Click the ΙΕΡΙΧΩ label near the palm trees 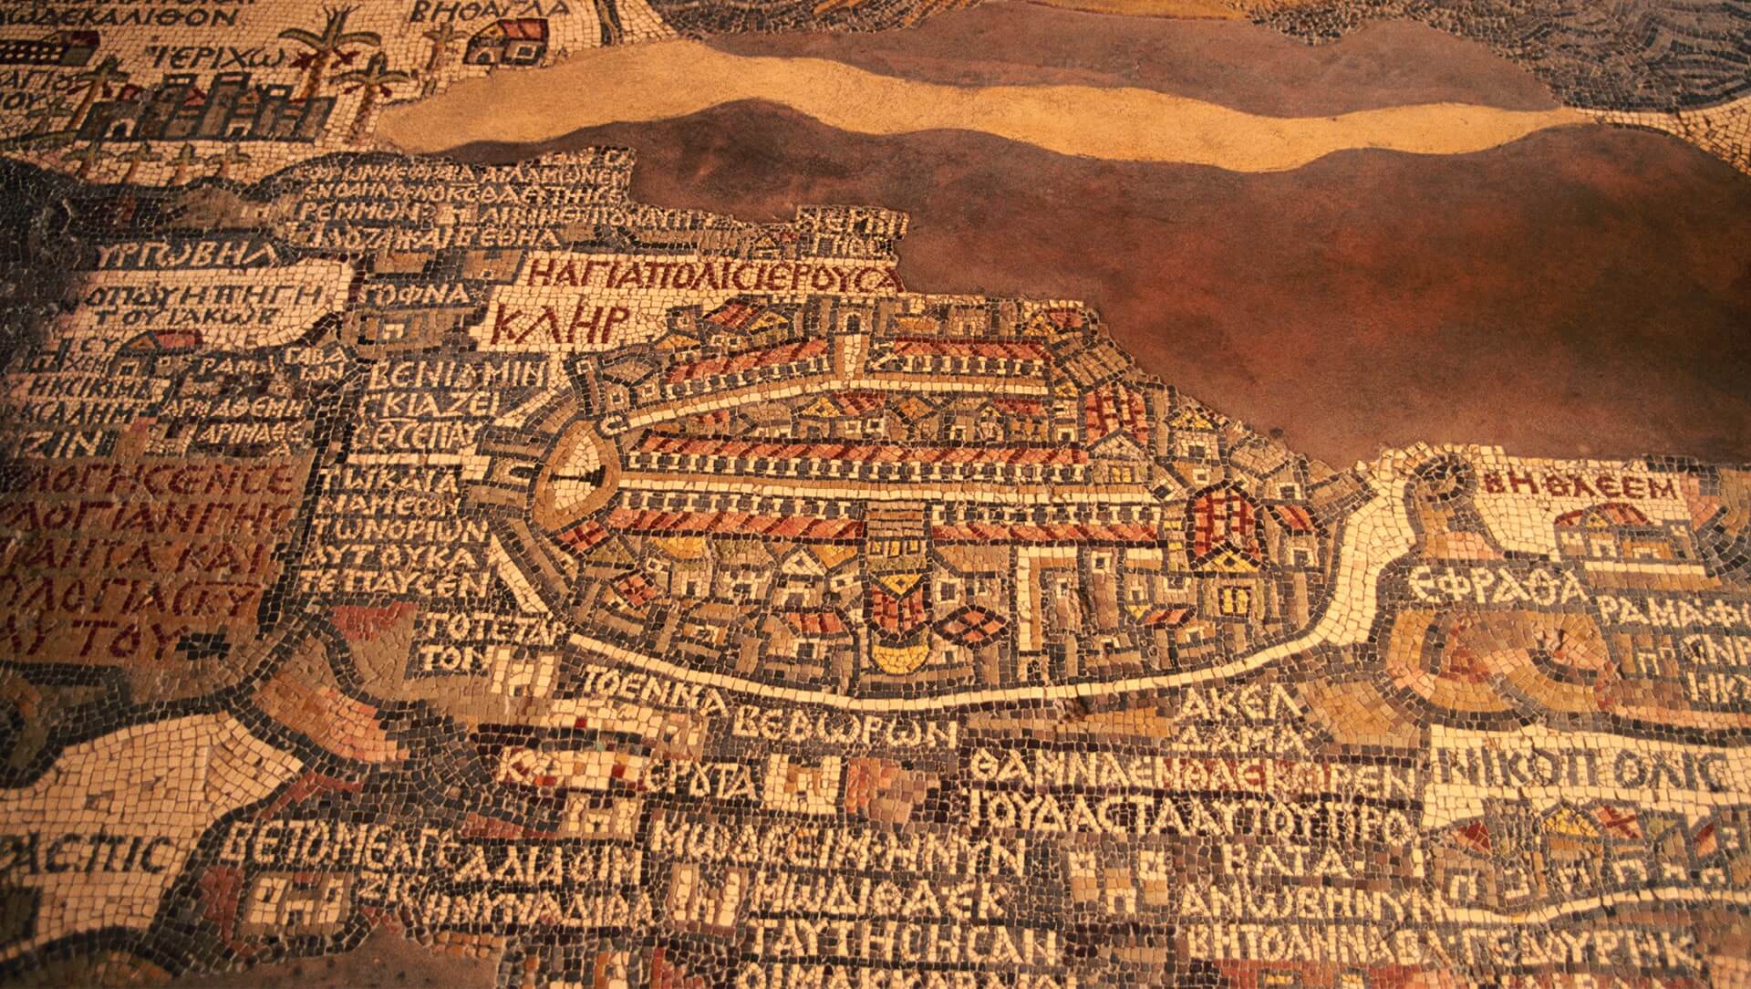point(225,50)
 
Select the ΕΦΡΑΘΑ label point(1496,582)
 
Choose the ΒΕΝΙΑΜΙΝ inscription point(456,374)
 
